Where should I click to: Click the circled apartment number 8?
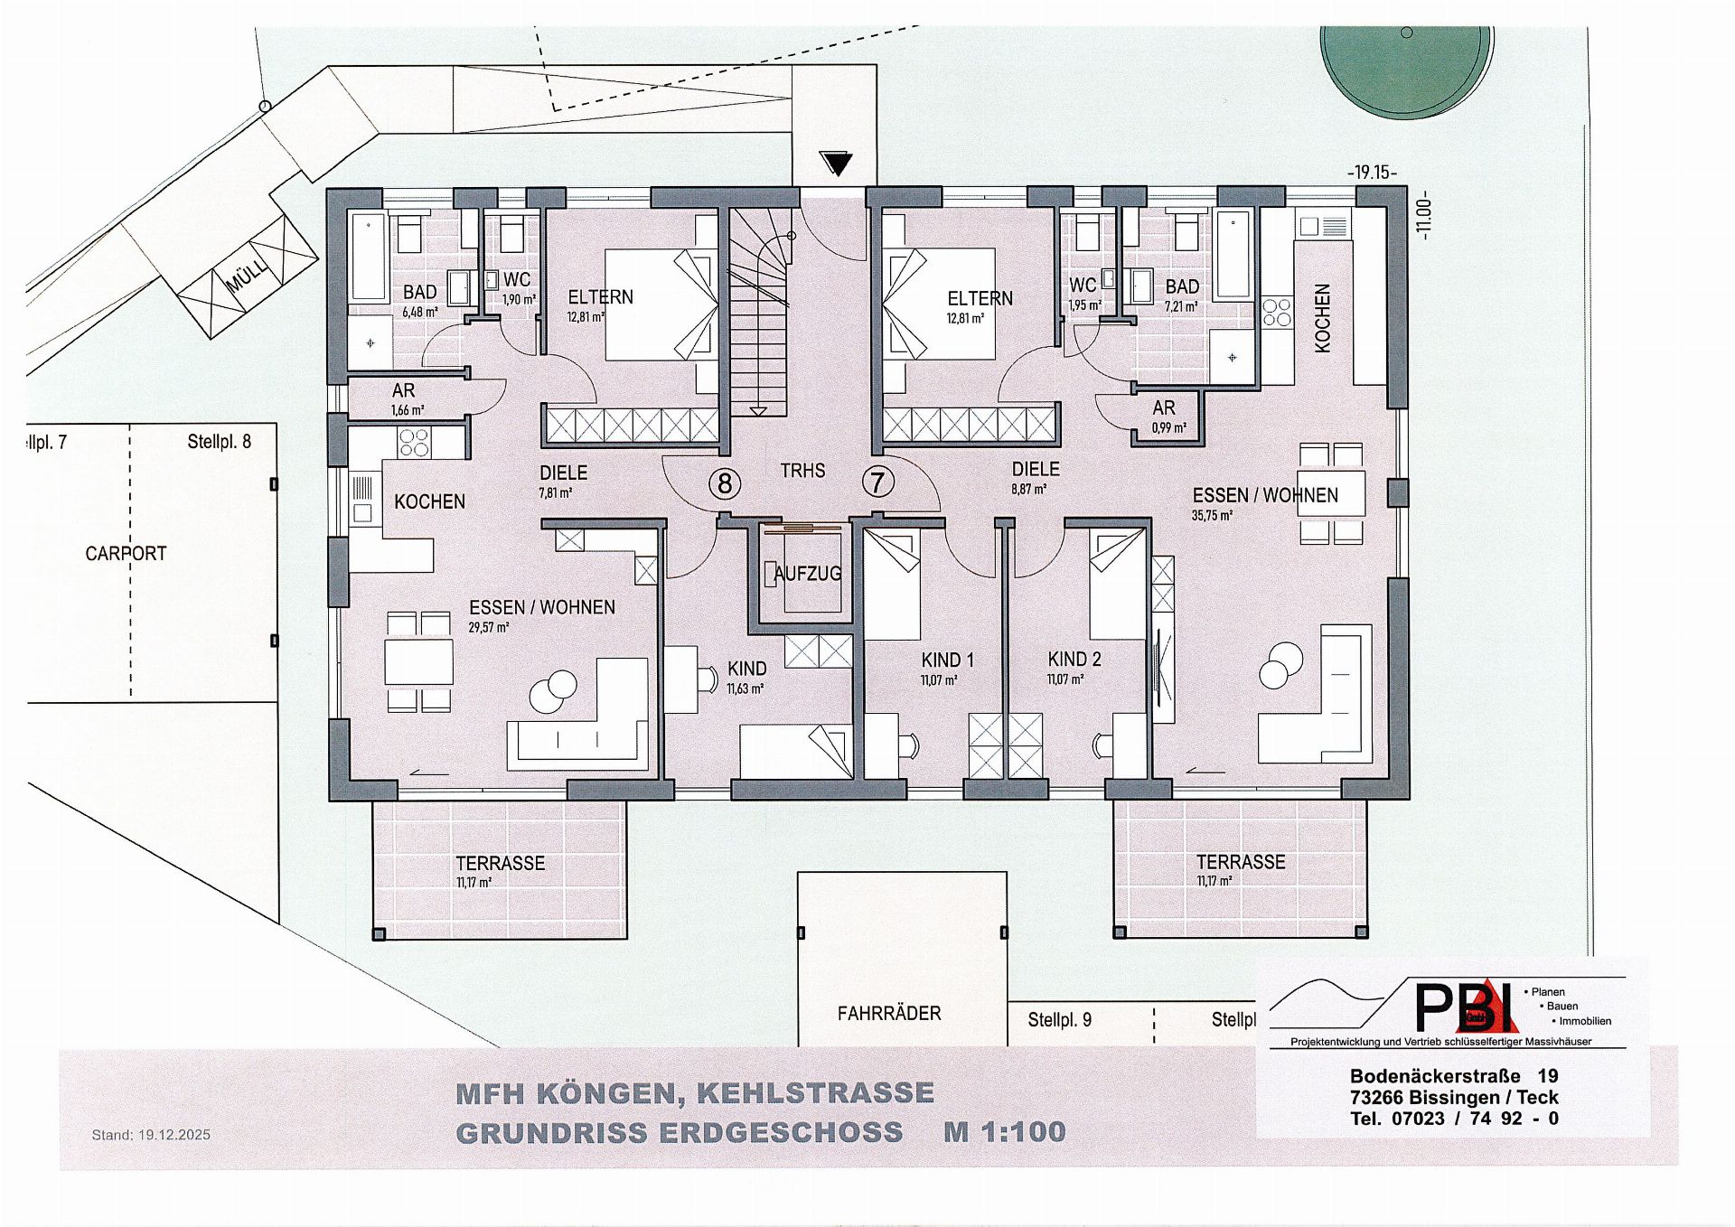[724, 483]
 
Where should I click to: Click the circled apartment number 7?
[877, 482]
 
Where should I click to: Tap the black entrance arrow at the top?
[837, 164]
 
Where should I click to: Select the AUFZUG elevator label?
[807, 573]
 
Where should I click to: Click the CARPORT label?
[126, 553]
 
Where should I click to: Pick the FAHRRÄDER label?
[889, 1013]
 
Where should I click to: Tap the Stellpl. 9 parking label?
[1059, 1019]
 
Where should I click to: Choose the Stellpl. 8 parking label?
[219, 441]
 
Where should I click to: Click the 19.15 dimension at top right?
[1372, 172]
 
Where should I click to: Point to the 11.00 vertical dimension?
[1424, 214]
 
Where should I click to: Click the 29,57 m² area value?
[489, 627]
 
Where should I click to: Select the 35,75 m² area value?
[1212, 515]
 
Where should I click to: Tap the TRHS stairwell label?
[802, 470]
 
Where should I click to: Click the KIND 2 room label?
[1074, 659]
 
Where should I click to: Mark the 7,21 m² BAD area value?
[1181, 306]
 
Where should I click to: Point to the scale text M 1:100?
[1005, 1131]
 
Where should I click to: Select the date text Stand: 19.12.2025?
[151, 1135]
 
